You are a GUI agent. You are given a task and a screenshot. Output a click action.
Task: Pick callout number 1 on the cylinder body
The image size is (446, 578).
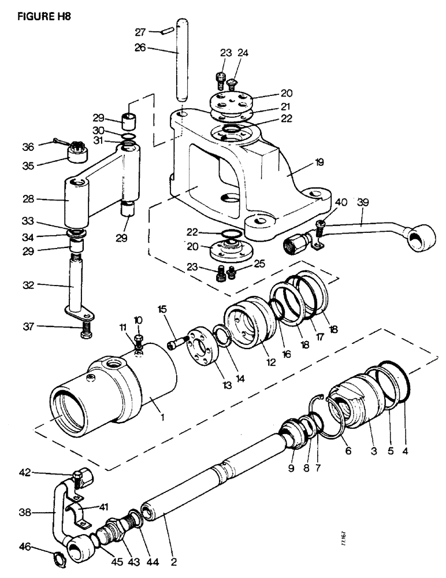(163, 415)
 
